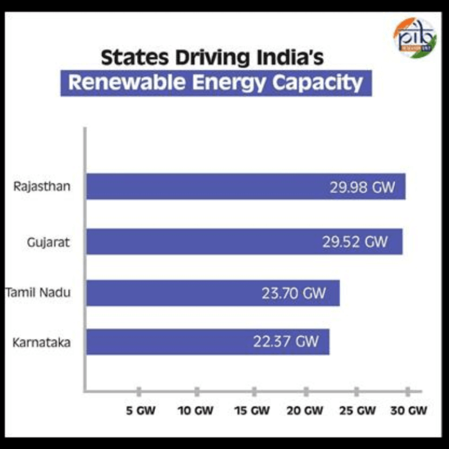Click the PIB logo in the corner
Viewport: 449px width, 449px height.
pos(414,38)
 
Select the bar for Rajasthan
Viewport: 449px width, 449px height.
pos(246,186)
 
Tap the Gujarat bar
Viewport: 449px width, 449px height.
pos(244,241)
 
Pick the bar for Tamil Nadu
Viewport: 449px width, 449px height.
pos(213,293)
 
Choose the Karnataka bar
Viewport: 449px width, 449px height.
pos(208,341)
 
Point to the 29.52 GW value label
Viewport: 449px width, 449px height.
pos(355,241)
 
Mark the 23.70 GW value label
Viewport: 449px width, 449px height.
pos(293,293)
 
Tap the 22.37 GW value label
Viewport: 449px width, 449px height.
pos(286,341)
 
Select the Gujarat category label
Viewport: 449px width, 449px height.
pos(48,241)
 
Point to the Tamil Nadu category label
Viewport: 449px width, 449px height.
pos(39,292)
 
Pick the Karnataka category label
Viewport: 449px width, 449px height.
pos(42,342)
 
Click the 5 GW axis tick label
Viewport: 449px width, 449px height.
pos(141,411)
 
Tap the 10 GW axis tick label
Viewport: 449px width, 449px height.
pos(195,411)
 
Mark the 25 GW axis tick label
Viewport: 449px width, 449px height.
pos(357,411)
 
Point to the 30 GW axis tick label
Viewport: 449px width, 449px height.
pos(408,411)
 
